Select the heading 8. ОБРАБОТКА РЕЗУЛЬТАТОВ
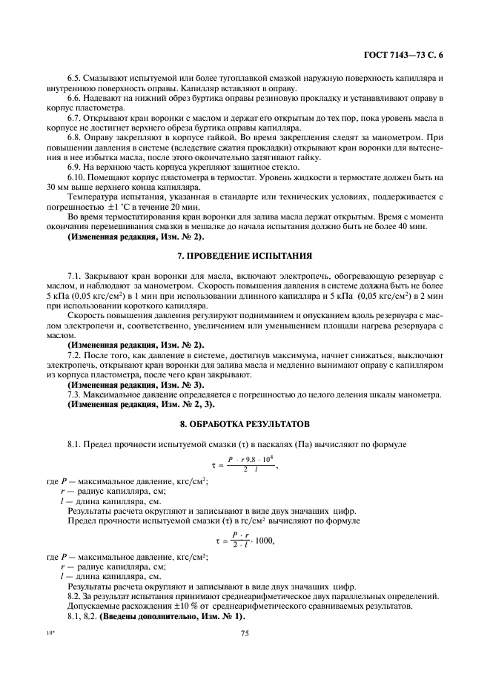[244, 424]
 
